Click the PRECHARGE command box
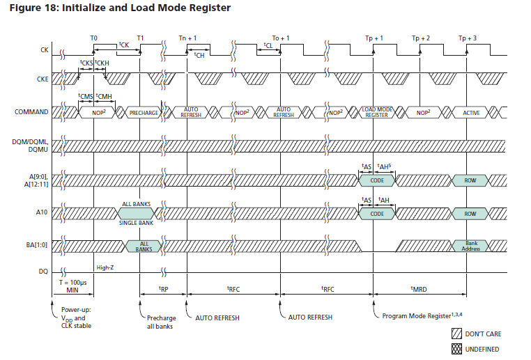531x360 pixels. pos(144,112)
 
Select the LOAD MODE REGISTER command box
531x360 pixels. pos(377,112)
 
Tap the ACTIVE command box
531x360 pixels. pos(470,112)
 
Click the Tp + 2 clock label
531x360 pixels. pos(421,38)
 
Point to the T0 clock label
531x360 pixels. pos(94,38)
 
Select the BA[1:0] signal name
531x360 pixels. pos(38,246)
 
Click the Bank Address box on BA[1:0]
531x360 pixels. pos(470,246)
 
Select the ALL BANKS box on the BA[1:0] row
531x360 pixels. pos(144,246)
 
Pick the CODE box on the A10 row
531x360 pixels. pos(377,214)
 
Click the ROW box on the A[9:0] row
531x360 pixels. pos(470,180)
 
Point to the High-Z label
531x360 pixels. pos(105,267)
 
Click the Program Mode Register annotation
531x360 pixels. pos(424,316)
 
